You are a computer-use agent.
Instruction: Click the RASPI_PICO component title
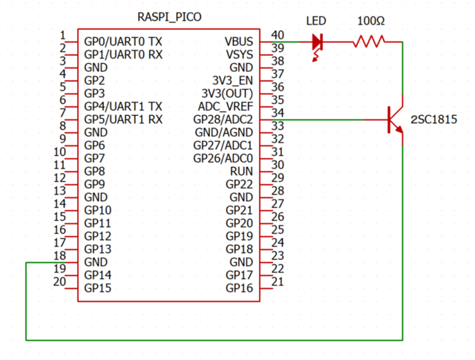click(x=169, y=16)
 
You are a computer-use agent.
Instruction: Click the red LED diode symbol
click(x=318, y=42)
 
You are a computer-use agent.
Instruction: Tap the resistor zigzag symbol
click(x=369, y=42)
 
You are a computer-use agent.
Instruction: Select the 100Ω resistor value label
click(x=370, y=21)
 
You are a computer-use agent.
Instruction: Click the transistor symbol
click(x=393, y=120)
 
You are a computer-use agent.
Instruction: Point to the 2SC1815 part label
click(x=433, y=120)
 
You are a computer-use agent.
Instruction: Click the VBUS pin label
click(x=239, y=41)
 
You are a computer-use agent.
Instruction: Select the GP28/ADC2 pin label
click(x=223, y=120)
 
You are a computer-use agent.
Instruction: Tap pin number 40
click(x=278, y=35)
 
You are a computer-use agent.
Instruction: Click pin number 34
click(x=278, y=113)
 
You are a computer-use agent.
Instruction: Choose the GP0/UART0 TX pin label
click(x=123, y=41)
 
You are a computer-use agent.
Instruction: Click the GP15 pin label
click(x=98, y=288)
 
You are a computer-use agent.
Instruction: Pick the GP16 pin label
click(x=240, y=288)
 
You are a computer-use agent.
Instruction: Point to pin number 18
click(x=60, y=256)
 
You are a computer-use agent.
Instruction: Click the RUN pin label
click(x=242, y=171)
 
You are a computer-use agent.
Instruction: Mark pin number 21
click(x=278, y=282)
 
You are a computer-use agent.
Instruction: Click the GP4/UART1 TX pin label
click(x=123, y=106)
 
